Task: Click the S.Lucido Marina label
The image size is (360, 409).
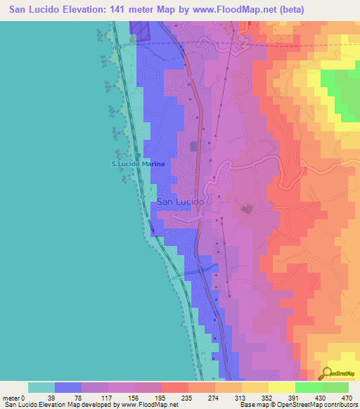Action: tap(139, 164)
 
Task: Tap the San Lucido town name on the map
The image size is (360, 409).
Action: tap(180, 202)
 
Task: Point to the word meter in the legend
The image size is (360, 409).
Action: tap(12, 397)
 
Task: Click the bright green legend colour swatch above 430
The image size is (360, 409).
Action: tap(308, 387)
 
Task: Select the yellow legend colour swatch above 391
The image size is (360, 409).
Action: tap(281, 387)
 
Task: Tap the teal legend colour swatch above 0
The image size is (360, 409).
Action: tap(41, 387)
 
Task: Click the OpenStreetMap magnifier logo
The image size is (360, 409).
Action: tap(328, 373)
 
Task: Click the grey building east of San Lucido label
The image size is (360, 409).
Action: tap(247, 209)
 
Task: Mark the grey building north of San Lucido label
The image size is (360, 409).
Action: tap(194, 145)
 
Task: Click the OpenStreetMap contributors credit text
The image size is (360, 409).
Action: tap(316, 405)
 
